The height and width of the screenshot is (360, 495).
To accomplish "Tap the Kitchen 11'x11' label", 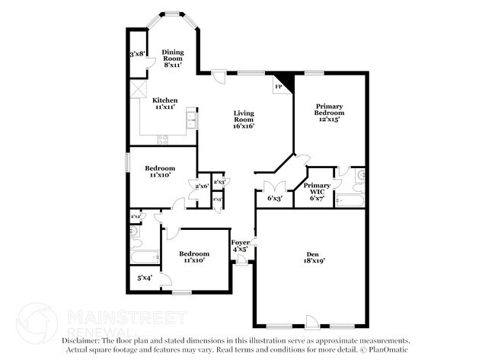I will coord(165,104).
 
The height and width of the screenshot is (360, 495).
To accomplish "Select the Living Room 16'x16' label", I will coord(243,119).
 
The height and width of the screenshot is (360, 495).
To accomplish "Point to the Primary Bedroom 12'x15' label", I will coord(329,112).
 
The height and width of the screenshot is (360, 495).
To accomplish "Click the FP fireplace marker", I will coord(279,88).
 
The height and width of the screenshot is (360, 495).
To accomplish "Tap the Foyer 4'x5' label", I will coord(240,245).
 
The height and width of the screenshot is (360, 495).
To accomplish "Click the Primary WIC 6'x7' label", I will coord(317,191).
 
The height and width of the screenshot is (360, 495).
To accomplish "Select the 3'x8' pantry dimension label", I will coord(138,54).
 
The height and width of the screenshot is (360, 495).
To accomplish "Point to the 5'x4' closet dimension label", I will coord(144,279).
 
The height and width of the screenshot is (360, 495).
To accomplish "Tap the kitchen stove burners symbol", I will coord(162,139).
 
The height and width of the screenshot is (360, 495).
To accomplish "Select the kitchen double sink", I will coord(191,121).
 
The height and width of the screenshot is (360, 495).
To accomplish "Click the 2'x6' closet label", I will coord(203,186).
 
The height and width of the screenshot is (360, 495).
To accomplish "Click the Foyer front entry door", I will coord(241,260).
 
